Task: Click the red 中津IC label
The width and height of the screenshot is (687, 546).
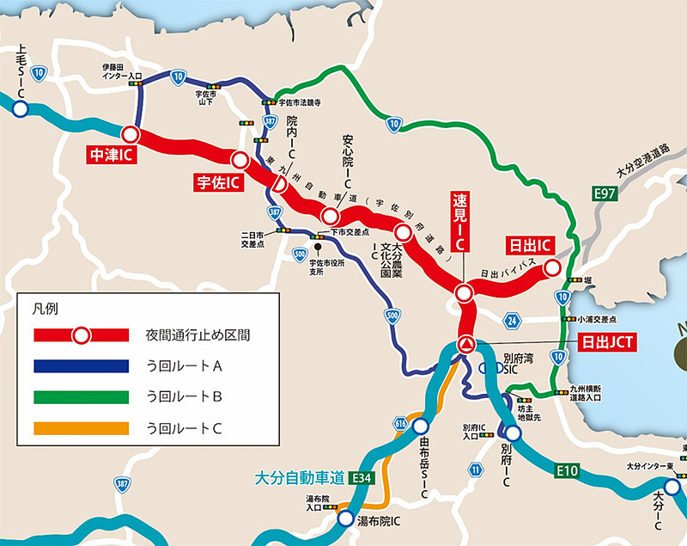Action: pos(111,156)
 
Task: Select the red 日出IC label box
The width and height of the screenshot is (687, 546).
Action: pos(528,243)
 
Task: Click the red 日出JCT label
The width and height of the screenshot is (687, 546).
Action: pos(605,342)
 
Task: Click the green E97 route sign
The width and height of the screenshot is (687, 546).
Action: pos(606,196)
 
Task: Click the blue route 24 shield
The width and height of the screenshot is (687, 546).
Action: pos(513,321)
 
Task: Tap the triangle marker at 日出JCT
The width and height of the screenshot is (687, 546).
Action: pos(466,344)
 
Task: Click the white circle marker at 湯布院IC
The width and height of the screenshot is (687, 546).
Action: pos(344,518)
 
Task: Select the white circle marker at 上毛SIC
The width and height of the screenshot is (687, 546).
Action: pos(20,109)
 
